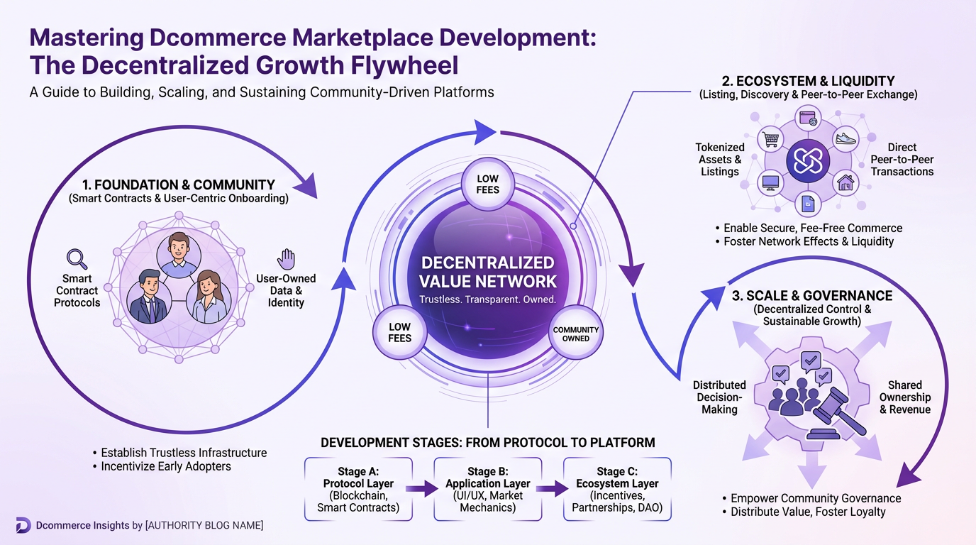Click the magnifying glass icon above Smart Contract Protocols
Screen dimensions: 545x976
(76, 259)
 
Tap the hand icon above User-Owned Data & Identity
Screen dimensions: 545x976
(286, 259)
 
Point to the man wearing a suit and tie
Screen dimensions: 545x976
(148, 297)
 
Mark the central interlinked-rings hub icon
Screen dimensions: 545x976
(807, 161)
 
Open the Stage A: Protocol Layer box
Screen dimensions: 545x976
(358, 489)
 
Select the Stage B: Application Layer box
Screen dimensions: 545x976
(487, 489)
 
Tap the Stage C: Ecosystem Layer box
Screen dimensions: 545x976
(617, 489)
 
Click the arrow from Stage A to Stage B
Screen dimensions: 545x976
(423, 489)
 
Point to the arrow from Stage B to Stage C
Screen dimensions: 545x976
(552, 489)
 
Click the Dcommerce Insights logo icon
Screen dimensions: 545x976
(23, 525)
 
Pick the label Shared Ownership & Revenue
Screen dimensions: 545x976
(904, 397)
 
